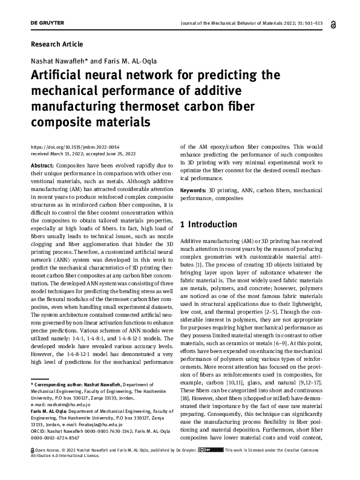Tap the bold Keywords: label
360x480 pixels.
pos(194,190)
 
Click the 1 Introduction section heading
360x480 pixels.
pos(209,225)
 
